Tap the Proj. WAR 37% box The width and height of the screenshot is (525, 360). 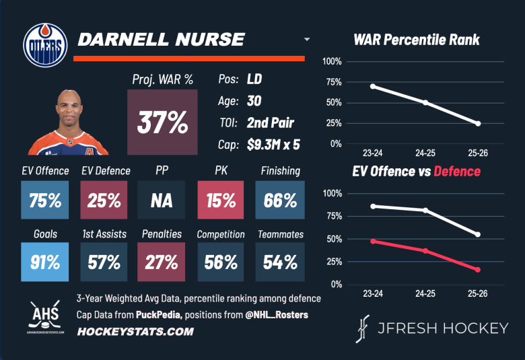162,122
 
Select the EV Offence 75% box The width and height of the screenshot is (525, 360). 44,201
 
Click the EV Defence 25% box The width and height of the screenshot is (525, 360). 104,201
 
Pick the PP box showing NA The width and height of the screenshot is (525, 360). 162,201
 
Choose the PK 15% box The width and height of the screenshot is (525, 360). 221,201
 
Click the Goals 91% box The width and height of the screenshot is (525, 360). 44,262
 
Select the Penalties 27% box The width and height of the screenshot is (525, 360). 162,262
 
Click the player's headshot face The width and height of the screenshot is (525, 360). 73,109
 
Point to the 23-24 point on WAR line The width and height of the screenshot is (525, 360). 372,86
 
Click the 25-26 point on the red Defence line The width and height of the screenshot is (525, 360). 478,270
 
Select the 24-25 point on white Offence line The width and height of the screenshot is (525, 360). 425,210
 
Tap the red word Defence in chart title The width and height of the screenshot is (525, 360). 457,171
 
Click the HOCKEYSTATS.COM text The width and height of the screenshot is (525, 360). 135,331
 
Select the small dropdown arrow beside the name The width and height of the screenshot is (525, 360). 307,40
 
